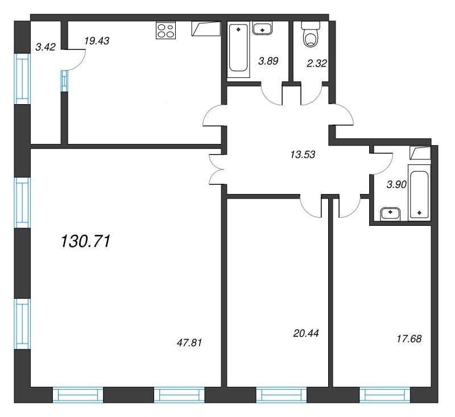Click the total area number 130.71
click(86, 241)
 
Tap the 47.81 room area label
click(189, 342)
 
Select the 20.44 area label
click(306, 333)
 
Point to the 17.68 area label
click(409, 338)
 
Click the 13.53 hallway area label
click(303, 155)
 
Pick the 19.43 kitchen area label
click(97, 41)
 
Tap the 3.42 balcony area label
click(45, 47)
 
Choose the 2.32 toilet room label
click(317, 63)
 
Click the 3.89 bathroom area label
click(268, 61)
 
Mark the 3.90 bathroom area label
click(396, 184)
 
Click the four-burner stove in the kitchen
click(166, 30)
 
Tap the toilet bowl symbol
click(310, 35)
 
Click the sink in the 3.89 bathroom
click(262, 28)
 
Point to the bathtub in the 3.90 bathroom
click(419, 192)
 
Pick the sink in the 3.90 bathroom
click(390, 213)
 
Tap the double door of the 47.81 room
click(216, 170)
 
